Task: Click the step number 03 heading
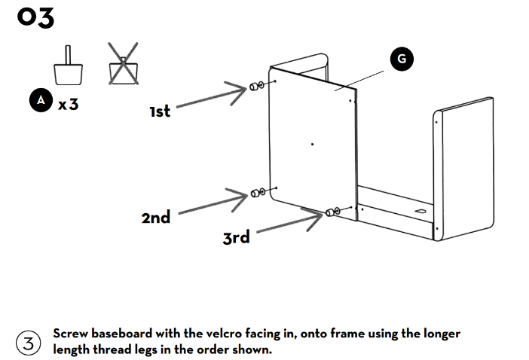[36, 18]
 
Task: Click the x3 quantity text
[68, 104]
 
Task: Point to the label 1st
[160, 111]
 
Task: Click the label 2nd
[155, 218]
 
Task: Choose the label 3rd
[236, 238]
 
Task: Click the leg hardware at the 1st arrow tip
[257, 85]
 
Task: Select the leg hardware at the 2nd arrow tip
[258, 194]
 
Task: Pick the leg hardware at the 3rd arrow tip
[332, 213]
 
